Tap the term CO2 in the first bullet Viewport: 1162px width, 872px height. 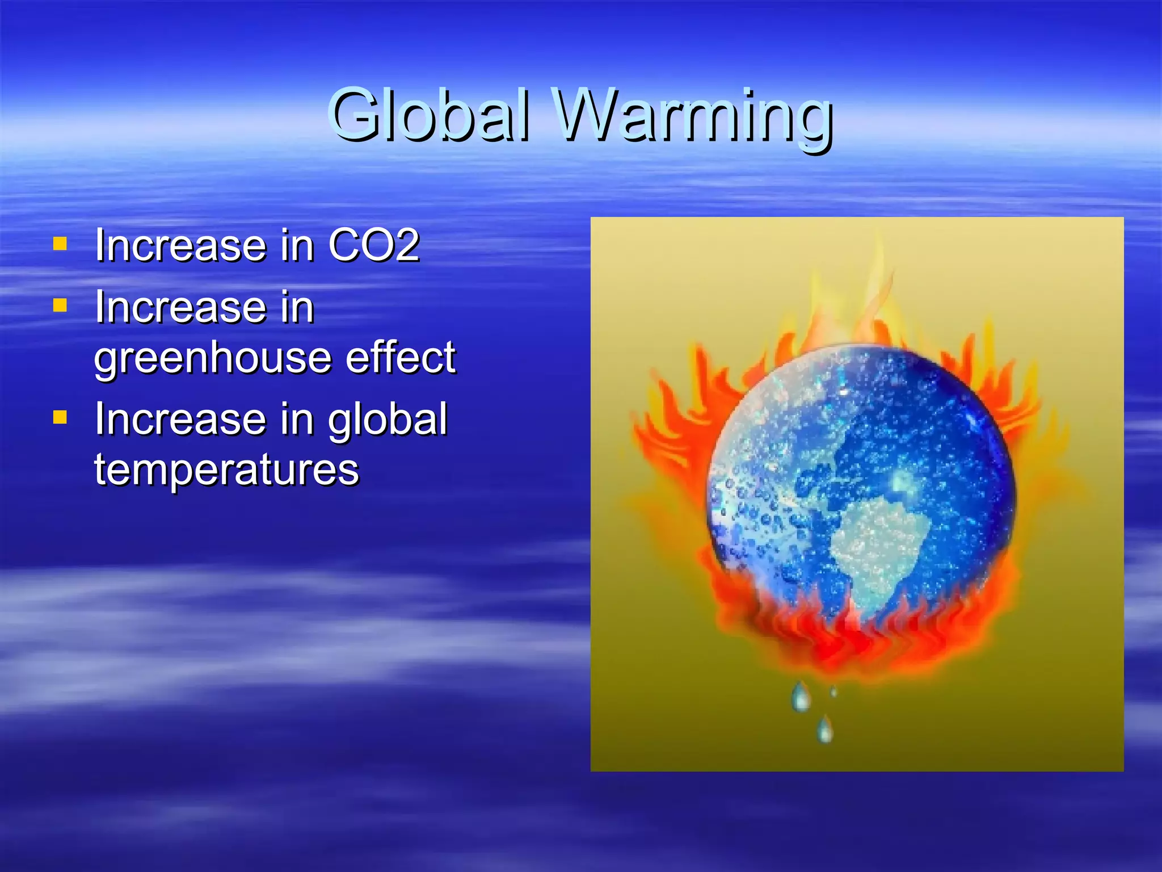click(374, 245)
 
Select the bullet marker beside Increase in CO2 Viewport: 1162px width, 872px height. click(60, 244)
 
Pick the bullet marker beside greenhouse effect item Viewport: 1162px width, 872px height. click(60, 306)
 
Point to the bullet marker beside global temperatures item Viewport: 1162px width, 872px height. click(60, 418)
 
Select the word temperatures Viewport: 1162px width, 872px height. click(226, 470)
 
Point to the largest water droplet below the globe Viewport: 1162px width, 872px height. click(801, 697)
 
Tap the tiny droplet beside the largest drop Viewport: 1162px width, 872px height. click(833, 691)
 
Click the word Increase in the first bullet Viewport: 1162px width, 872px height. click(180, 245)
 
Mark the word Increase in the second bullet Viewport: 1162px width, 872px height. click(180, 307)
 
